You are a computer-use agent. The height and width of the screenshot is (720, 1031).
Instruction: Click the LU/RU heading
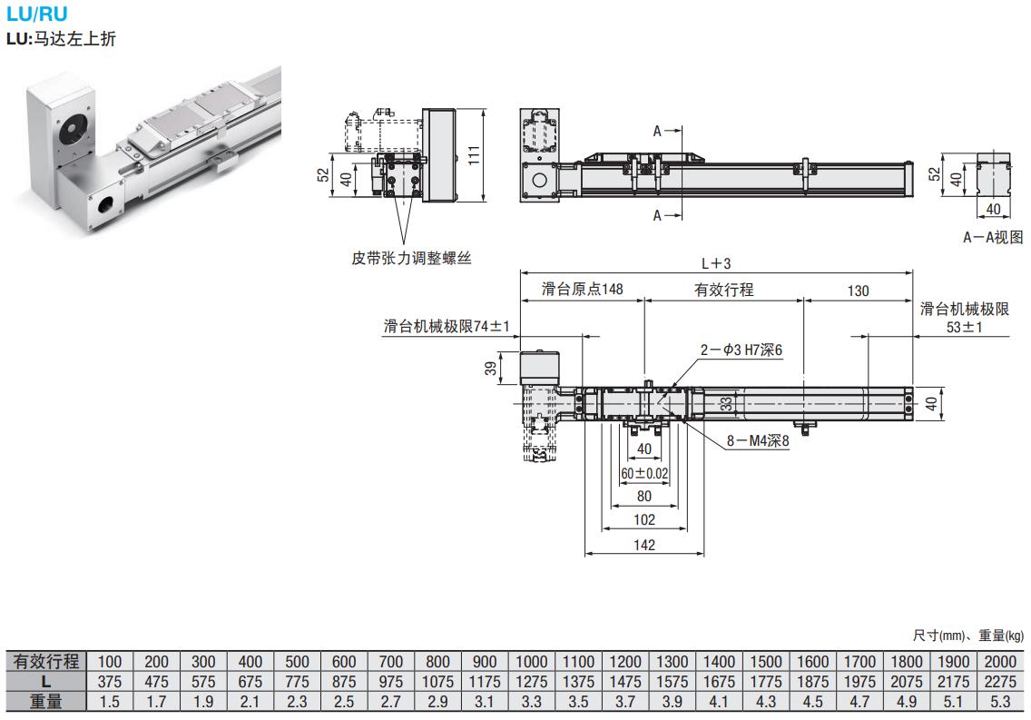(x=36, y=14)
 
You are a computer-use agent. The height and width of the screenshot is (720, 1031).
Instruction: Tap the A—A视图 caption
(x=993, y=237)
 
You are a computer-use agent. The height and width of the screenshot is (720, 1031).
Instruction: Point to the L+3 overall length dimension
(x=716, y=263)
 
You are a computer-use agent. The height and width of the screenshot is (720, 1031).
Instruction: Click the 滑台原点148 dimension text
(x=582, y=291)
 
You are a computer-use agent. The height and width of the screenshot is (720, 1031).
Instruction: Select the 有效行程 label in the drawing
(x=723, y=291)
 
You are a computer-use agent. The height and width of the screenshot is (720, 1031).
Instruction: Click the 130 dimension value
(x=857, y=291)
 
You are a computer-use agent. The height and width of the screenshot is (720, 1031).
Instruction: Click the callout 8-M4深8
(x=758, y=442)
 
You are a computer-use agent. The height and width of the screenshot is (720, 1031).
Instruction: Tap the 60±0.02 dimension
(x=644, y=473)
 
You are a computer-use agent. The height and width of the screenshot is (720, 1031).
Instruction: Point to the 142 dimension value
(x=643, y=545)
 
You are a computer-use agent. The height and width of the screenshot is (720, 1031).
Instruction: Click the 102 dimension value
(x=643, y=520)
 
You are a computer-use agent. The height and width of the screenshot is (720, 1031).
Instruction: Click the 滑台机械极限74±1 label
(x=447, y=327)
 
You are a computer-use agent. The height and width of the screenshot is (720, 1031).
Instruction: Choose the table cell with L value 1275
(x=531, y=681)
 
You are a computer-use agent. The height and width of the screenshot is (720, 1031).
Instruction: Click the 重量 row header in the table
(x=45, y=701)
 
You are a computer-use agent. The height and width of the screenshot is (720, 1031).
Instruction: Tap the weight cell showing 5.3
(x=1000, y=701)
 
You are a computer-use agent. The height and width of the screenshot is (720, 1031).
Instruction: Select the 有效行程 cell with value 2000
(x=1000, y=661)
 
